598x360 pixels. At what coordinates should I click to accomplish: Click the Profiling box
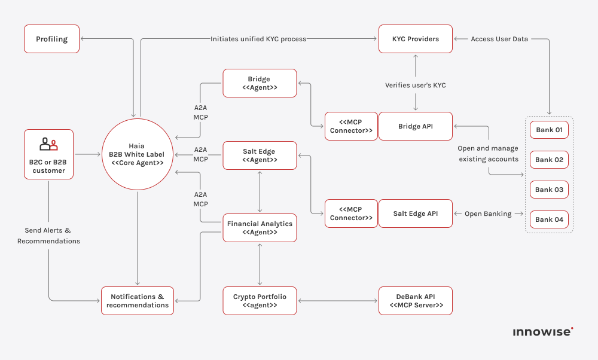(x=51, y=39)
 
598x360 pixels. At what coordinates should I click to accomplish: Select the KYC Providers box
(x=415, y=39)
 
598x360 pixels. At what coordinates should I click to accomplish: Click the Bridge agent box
(x=260, y=83)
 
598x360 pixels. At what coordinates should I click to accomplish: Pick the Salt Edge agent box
(x=260, y=155)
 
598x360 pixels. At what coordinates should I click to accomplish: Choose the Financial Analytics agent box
(x=260, y=228)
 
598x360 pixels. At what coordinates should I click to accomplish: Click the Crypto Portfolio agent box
(x=260, y=301)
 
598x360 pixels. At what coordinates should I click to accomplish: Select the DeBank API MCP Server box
(x=416, y=301)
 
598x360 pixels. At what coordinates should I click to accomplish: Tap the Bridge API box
(x=416, y=126)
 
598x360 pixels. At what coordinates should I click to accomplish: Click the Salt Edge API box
(x=416, y=213)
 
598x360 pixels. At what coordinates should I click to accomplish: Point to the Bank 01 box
(x=549, y=130)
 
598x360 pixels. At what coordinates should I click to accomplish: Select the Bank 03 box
(x=549, y=190)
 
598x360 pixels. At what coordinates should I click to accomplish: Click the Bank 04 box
(x=549, y=219)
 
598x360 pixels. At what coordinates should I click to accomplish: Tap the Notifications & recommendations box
(x=138, y=301)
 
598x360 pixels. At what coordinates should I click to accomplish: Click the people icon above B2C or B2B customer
(x=48, y=144)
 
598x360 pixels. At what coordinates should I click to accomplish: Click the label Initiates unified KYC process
(x=258, y=39)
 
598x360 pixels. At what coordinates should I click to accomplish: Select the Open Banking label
(x=489, y=213)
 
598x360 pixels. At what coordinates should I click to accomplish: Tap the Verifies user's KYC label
(x=415, y=86)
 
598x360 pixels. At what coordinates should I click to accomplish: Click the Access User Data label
(x=499, y=39)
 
